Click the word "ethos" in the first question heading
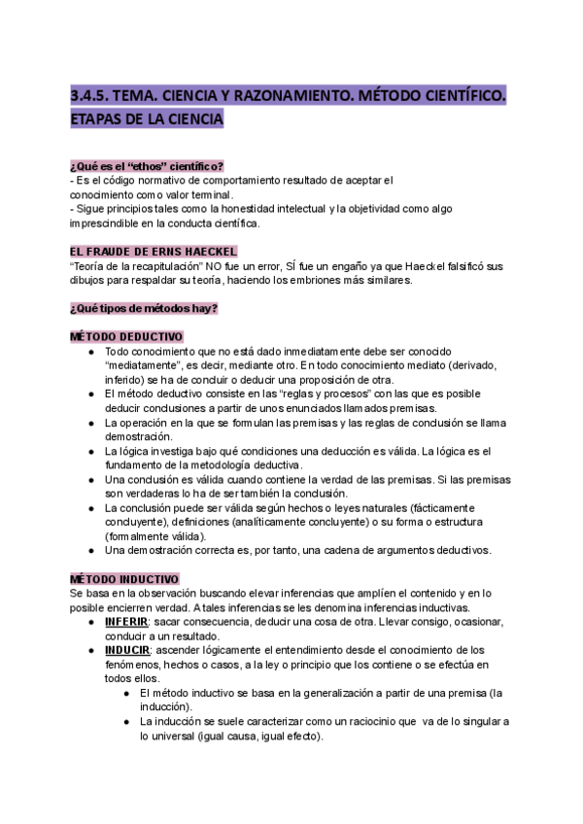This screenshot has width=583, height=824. [x=142, y=165]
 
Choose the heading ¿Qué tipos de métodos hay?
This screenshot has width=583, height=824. [x=144, y=308]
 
